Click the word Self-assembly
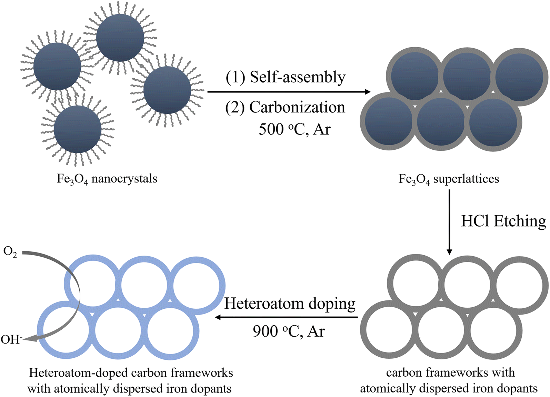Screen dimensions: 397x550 297,77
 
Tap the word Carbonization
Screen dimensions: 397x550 297,107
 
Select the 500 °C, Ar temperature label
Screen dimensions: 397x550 294,129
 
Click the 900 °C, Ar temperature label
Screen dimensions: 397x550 289,331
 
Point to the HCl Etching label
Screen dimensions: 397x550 503,221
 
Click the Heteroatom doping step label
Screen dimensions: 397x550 290,304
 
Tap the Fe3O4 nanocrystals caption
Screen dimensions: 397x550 107,179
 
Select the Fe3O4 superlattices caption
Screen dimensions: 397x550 449,179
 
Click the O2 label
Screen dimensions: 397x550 10,252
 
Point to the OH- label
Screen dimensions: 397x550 11,339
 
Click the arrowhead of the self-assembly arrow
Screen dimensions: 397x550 367,92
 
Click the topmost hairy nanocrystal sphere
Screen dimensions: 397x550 120,38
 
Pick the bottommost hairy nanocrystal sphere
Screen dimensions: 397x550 78,129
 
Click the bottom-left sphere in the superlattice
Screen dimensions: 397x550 389,122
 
